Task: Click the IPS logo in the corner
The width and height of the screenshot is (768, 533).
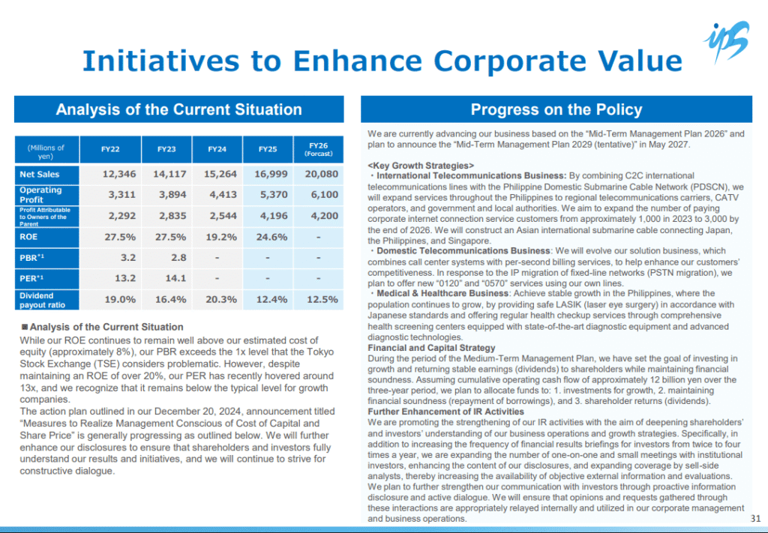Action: click(x=727, y=41)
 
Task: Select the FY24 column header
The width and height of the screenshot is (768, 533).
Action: click(x=217, y=149)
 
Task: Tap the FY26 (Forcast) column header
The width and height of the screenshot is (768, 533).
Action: click(x=318, y=149)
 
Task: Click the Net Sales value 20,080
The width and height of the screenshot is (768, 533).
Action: click(x=321, y=174)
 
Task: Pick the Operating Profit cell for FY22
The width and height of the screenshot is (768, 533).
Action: click(x=122, y=195)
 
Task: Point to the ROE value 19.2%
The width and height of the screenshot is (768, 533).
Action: click(x=221, y=238)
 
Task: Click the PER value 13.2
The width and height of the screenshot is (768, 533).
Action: click(x=125, y=278)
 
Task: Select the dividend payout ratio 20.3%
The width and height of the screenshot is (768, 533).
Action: click(x=221, y=300)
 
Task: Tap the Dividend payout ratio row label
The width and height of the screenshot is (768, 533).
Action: click(x=46, y=300)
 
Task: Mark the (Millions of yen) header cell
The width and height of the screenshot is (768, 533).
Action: click(x=46, y=150)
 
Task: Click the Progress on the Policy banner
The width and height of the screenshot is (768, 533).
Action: click(x=556, y=109)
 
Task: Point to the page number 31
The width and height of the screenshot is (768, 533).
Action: click(x=756, y=518)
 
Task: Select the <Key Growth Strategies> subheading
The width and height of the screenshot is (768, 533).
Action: click(x=421, y=166)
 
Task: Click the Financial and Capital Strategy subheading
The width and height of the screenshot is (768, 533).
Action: click(x=431, y=348)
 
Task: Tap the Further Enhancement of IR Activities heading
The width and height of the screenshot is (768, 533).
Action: click(x=445, y=412)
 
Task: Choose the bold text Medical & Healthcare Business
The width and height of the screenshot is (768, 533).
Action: click(x=442, y=293)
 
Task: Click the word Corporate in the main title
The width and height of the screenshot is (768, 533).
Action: click(x=509, y=61)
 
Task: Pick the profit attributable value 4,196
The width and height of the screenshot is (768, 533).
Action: click(x=271, y=216)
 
